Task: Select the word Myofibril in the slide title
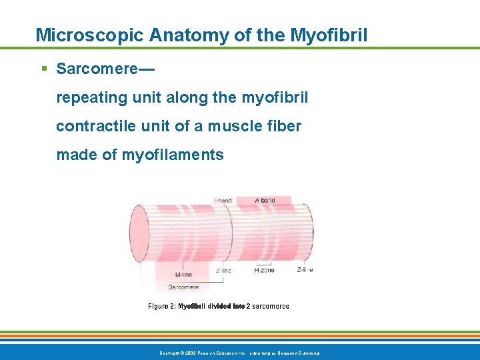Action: click(329, 35)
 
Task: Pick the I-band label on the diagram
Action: click(223, 200)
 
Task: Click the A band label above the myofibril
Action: click(265, 200)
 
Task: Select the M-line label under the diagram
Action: click(184, 275)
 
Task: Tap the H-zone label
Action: click(265, 271)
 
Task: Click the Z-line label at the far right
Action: click(305, 270)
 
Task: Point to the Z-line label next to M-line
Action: click(223, 271)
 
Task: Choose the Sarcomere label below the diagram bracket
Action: click(183, 287)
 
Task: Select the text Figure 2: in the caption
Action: click(161, 306)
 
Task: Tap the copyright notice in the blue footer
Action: click(239, 352)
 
